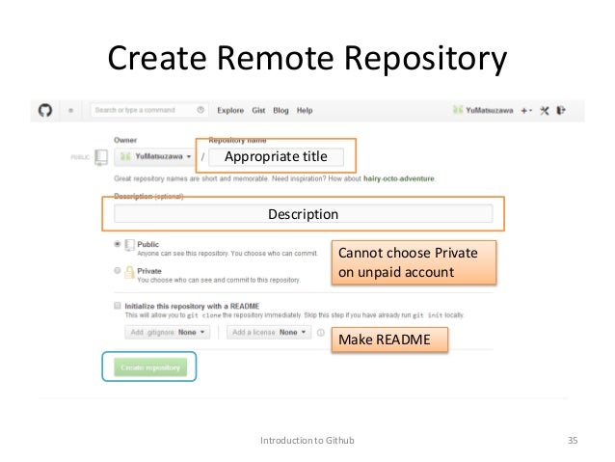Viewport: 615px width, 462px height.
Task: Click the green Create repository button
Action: (x=149, y=367)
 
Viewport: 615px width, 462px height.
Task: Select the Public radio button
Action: (x=118, y=244)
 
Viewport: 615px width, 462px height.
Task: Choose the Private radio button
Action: (x=118, y=271)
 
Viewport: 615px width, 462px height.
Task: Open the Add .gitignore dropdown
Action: (x=165, y=332)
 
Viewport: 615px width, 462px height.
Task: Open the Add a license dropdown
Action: (x=269, y=332)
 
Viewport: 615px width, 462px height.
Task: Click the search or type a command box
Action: (x=149, y=111)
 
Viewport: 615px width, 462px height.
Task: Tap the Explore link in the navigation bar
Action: (x=230, y=111)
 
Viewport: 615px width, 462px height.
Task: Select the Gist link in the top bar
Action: (x=258, y=111)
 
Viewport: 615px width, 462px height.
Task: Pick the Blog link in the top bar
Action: (x=281, y=111)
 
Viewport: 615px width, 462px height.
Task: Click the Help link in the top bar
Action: (x=305, y=111)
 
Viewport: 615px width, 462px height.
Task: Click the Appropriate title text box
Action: (x=276, y=156)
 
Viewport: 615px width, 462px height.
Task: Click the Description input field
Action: (x=303, y=214)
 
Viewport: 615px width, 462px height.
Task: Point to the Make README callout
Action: (x=389, y=340)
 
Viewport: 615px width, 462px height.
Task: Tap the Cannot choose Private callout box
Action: (x=414, y=262)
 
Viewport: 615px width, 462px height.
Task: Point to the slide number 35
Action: (x=573, y=441)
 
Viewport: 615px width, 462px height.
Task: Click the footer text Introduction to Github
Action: (x=307, y=441)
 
